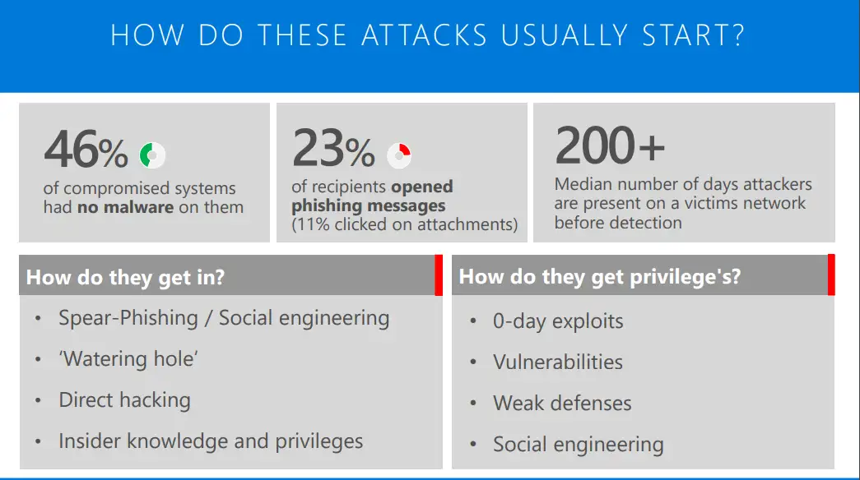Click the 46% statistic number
[x=86, y=150]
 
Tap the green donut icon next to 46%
[x=152, y=154]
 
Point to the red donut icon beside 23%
[x=399, y=153]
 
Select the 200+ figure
[x=609, y=145]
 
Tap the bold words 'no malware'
[x=125, y=207]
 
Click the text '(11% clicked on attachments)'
[x=404, y=224]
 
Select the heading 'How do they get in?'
[x=125, y=277]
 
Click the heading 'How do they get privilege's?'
[x=599, y=277]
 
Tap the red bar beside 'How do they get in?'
[x=438, y=275]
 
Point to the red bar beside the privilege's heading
[x=831, y=275]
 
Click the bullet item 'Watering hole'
[x=128, y=359]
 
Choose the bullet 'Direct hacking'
[x=124, y=400]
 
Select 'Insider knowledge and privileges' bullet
[x=211, y=441]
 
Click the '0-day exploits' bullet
[x=558, y=321]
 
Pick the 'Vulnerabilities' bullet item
[x=558, y=362]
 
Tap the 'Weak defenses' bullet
[x=562, y=404]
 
